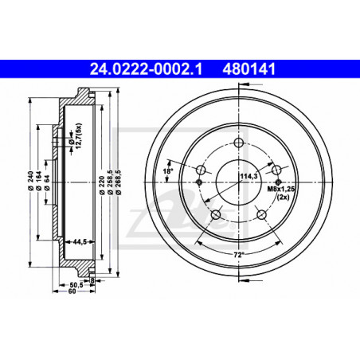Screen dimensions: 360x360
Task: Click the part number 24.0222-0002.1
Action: coord(146,69)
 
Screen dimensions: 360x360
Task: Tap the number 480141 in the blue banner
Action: coord(249,69)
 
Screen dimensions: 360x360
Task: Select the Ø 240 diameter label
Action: coord(30,181)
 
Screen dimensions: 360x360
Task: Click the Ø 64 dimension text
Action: coord(47,182)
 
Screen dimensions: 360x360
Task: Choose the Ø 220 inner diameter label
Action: coord(101,185)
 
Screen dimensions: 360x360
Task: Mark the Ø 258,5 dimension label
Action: coord(110,182)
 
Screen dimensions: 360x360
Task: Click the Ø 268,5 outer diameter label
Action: coord(119,182)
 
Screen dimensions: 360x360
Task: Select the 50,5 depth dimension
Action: coord(76,285)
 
